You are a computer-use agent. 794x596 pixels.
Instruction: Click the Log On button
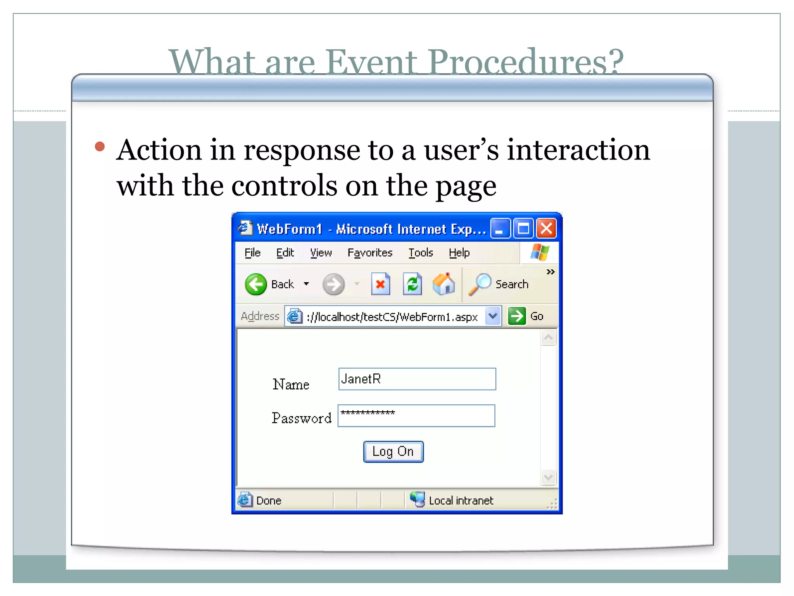coord(393,452)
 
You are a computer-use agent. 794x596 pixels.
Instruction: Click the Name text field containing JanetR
coord(417,379)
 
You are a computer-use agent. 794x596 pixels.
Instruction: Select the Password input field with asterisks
coord(416,416)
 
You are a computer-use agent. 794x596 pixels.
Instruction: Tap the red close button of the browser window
coord(546,229)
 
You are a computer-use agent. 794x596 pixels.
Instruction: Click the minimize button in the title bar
coord(500,229)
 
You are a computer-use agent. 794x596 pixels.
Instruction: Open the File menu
coord(252,253)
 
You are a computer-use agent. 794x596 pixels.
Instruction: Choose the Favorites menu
coord(370,253)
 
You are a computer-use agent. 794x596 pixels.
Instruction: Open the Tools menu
coord(421,253)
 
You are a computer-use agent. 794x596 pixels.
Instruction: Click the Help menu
coord(459,253)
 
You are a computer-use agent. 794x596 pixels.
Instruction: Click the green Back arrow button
coord(256,284)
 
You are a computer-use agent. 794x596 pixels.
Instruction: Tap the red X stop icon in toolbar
coord(380,284)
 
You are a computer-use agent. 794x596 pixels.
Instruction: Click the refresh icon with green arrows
coord(412,284)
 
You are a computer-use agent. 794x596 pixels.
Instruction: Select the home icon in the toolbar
coord(444,284)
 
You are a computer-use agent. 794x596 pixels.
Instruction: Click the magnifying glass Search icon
coord(480,284)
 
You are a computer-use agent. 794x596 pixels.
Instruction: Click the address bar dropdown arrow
coord(493,316)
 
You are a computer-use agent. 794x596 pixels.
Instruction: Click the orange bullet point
coord(100,146)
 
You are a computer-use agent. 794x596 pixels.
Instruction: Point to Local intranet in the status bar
coord(461,501)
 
